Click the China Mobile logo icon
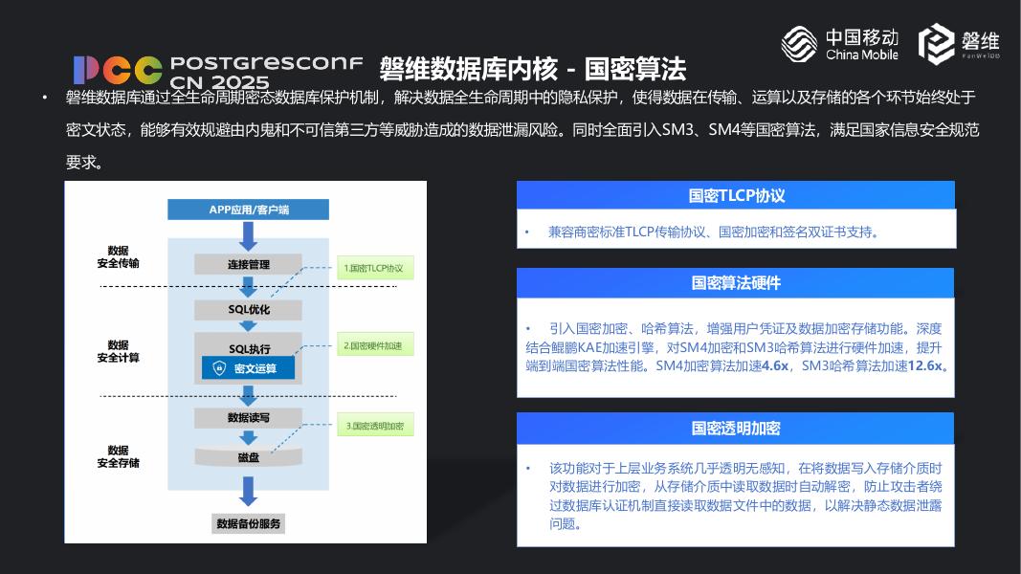pyautogui.click(x=799, y=43)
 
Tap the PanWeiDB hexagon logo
pyautogui.click(x=938, y=44)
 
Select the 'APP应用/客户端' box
pyautogui.click(x=248, y=210)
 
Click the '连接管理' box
pyautogui.click(x=248, y=265)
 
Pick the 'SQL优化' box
pyautogui.click(x=248, y=310)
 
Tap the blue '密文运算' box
pyautogui.click(x=248, y=368)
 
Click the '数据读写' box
pyautogui.click(x=248, y=418)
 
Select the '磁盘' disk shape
pyautogui.click(x=248, y=457)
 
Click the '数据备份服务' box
pyautogui.click(x=249, y=524)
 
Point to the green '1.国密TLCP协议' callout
pyautogui.click(x=374, y=269)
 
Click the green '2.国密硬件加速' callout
pyautogui.click(x=374, y=345)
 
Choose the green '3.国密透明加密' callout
pyautogui.click(x=374, y=426)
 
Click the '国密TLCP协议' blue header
pyautogui.click(x=736, y=195)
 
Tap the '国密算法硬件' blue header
pyautogui.click(x=736, y=283)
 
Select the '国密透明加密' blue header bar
pyautogui.click(x=736, y=429)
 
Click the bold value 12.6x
pyautogui.click(x=925, y=365)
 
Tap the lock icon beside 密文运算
pyautogui.click(x=219, y=368)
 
